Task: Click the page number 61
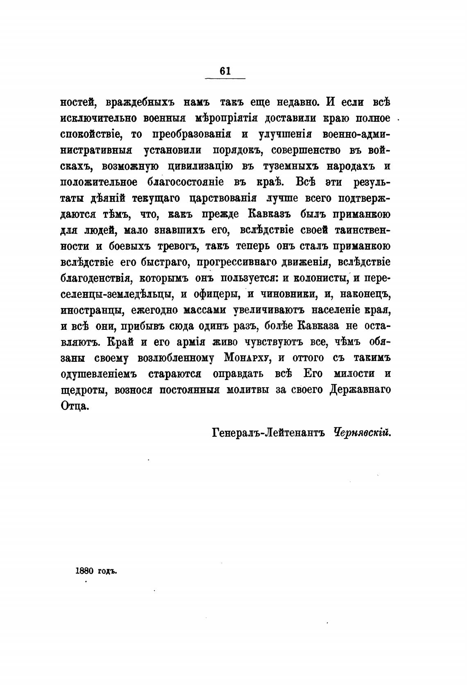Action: point(225,71)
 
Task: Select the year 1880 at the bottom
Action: point(85,571)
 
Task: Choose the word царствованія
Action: point(222,198)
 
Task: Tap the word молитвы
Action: point(247,390)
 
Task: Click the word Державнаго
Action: point(360,390)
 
